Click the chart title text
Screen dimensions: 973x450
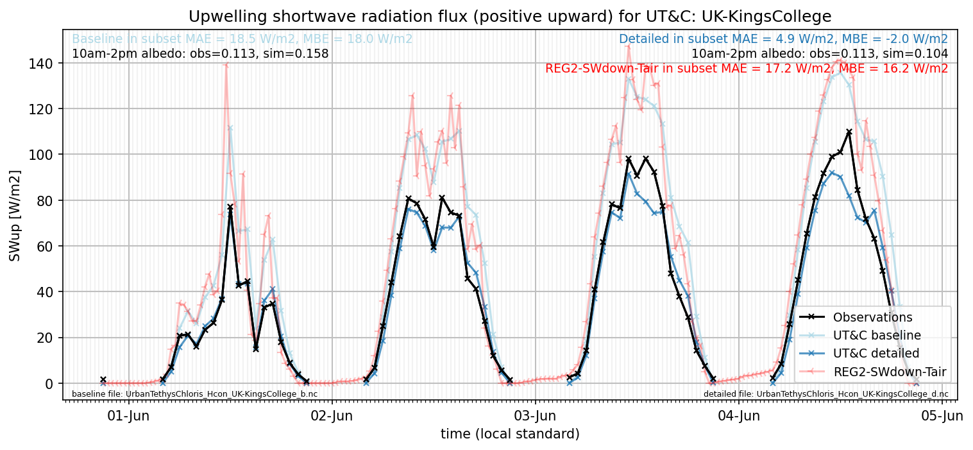pos(510,17)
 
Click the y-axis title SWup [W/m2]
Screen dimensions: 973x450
pos(14,216)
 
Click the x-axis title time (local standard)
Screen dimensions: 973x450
pos(510,433)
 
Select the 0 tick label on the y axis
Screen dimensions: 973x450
pos(49,384)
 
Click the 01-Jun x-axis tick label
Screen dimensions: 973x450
pos(128,416)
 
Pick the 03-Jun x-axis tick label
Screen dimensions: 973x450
pos(535,416)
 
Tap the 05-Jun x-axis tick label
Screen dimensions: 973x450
pos(942,416)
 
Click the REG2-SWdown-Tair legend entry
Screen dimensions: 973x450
pos(873,372)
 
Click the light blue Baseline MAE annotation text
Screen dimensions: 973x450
pos(242,39)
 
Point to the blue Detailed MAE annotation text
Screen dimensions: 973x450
pos(783,39)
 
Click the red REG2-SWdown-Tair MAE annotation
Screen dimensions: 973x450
pos(746,69)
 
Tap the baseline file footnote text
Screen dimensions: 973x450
pos(194,394)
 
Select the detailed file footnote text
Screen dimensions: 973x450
pos(825,394)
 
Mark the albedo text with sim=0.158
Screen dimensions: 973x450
pos(200,54)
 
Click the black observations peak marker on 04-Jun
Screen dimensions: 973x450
pos(849,132)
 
